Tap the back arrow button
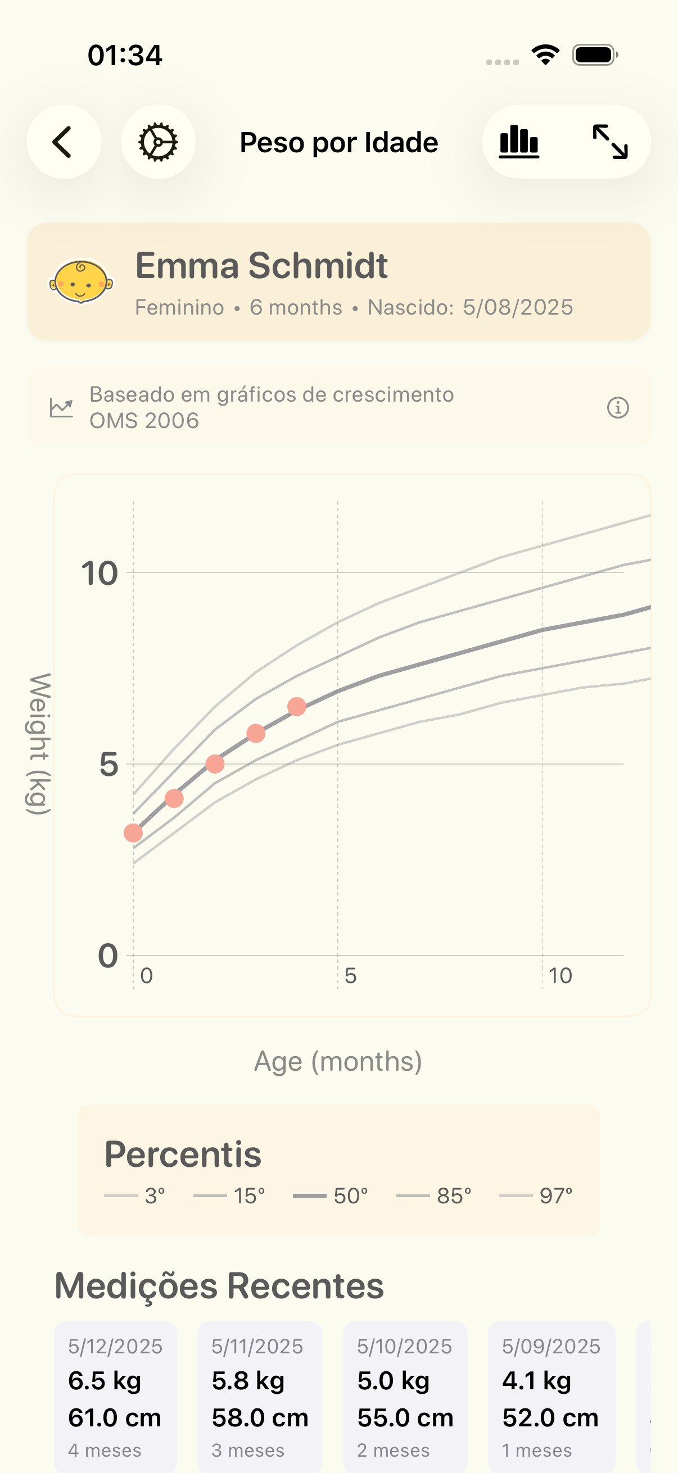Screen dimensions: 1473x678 tap(64, 142)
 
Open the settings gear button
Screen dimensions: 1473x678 tap(158, 142)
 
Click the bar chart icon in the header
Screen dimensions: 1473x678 tap(519, 142)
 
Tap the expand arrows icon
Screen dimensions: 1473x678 tap(610, 142)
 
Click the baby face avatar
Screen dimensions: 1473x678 tap(80, 281)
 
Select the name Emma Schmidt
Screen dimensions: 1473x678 tap(261, 266)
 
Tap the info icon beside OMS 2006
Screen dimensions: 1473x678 tap(617, 408)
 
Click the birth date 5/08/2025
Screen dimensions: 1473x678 tap(518, 308)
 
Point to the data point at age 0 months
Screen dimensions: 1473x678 tap(133, 833)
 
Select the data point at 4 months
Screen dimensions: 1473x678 tap(297, 707)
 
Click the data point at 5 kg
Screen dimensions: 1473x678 tap(215, 764)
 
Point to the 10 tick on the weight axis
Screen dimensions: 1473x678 tap(100, 574)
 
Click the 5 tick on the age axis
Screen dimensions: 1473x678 tap(350, 975)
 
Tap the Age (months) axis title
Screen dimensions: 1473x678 tap(338, 1061)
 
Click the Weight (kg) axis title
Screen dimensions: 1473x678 tap(39, 743)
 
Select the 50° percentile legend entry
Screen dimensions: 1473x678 tap(331, 1195)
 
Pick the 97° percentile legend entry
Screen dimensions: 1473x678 tap(536, 1195)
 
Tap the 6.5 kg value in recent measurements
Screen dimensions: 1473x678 tap(105, 1381)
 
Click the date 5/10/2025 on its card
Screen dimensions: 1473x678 tap(405, 1347)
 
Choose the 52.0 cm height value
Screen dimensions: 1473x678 tap(550, 1418)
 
